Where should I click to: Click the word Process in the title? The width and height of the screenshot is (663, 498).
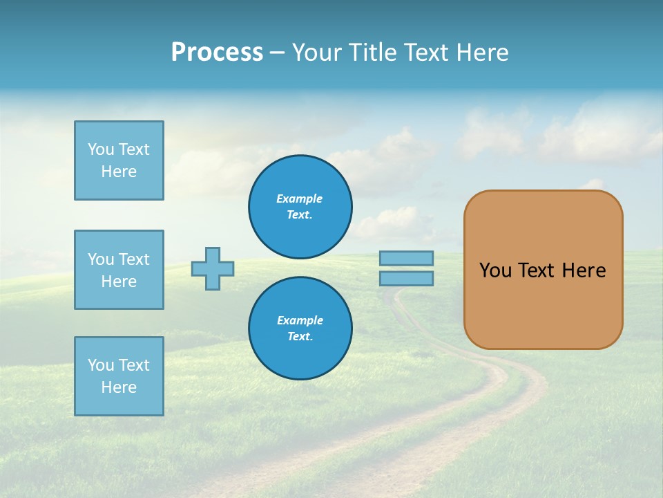(217, 53)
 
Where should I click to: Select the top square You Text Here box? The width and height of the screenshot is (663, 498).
(119, 160)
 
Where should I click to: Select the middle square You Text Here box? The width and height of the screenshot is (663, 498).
(119, 270)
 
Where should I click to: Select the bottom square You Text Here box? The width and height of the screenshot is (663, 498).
(119, 376)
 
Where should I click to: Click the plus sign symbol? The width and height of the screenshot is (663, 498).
(213, 269)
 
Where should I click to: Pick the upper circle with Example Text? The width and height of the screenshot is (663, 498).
(300, 207)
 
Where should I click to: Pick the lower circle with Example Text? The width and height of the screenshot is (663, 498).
(300, 328)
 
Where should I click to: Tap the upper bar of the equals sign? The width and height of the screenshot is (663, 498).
(407, 259)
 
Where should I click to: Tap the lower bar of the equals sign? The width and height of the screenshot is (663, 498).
(407, 279)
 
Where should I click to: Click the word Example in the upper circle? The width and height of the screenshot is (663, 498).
(299, 199)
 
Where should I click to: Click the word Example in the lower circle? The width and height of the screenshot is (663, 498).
(300, 320)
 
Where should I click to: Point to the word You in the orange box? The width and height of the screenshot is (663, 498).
(495, 270)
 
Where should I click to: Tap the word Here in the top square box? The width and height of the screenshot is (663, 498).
(119, 172)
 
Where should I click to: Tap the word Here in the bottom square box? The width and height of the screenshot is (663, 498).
(119, 387)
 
